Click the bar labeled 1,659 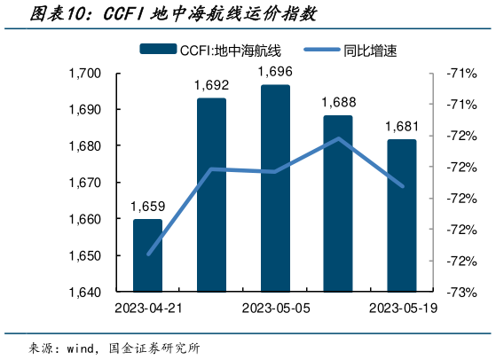coord(147,255)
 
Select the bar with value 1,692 coord(211,195)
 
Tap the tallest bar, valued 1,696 coord(274,188)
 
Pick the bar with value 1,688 coord(338,203)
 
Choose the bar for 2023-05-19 coord(401,215)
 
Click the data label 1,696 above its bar coord(274,71)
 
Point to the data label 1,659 coord(147,206)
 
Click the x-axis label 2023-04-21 coord(147,309)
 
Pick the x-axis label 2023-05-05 coord(274,309)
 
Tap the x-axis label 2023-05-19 coord(401,309)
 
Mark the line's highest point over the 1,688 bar coord(338,138)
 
